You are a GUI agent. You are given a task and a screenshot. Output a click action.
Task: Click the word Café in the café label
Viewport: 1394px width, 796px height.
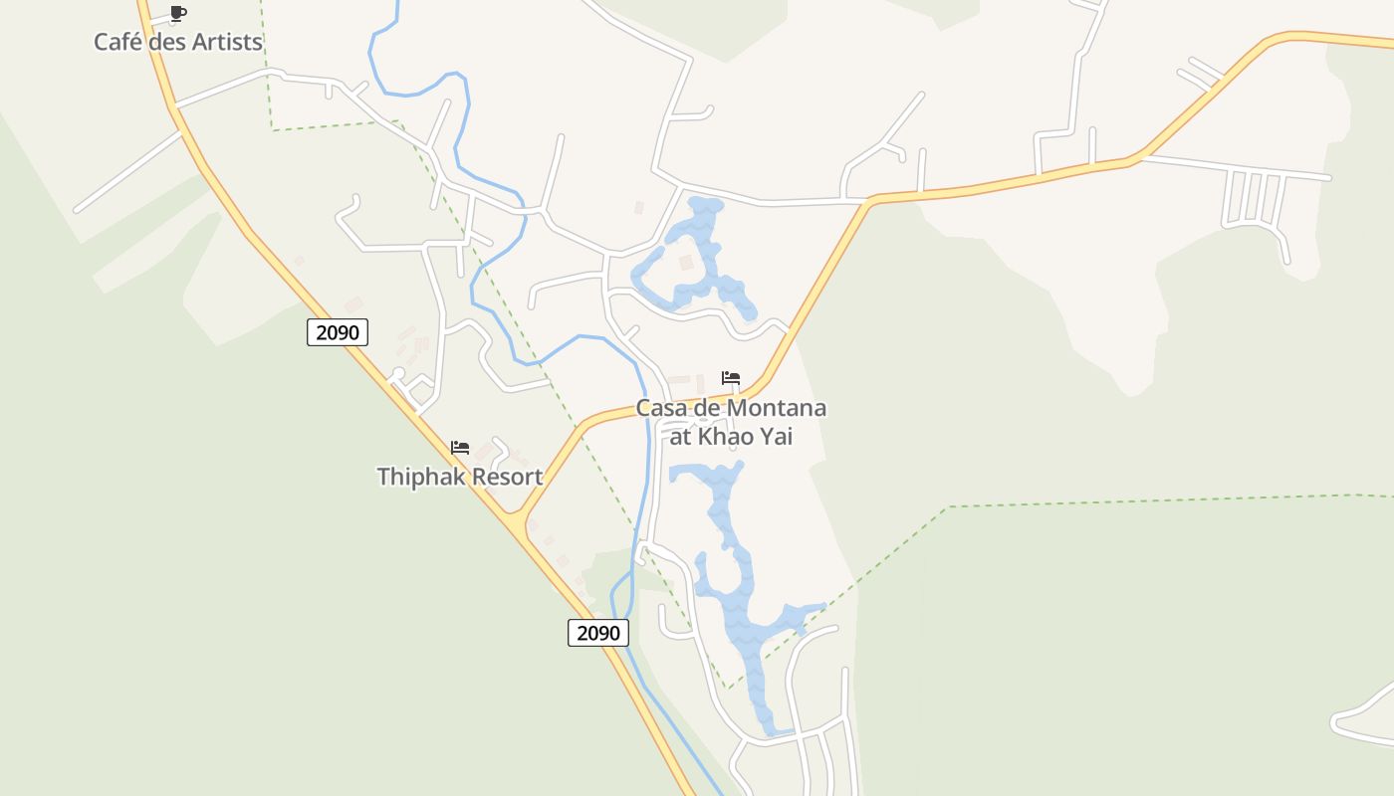(117, 42)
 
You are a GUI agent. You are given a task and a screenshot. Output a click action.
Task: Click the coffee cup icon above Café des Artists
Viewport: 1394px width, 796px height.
(178, 13)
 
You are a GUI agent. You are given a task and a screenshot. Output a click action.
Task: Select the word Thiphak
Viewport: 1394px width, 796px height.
(420, 477)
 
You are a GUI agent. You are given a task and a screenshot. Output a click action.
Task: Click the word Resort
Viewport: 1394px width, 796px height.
(507, 477)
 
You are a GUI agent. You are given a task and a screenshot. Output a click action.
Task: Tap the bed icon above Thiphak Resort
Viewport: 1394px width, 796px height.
(459, 448)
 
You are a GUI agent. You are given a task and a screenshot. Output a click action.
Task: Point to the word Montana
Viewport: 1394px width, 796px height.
(777, 408)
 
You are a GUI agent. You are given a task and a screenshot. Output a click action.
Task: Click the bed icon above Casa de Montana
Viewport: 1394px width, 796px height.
(731, 378)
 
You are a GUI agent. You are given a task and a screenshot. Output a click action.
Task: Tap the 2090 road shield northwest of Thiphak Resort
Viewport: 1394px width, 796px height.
(338, 332)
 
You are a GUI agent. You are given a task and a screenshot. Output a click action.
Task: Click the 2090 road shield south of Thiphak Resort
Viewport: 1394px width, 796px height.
(598, 632)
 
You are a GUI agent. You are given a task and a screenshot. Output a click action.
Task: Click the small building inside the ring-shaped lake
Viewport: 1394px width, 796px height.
(685, 262)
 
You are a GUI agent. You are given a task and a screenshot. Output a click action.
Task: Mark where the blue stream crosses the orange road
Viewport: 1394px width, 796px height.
(648, 406)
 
